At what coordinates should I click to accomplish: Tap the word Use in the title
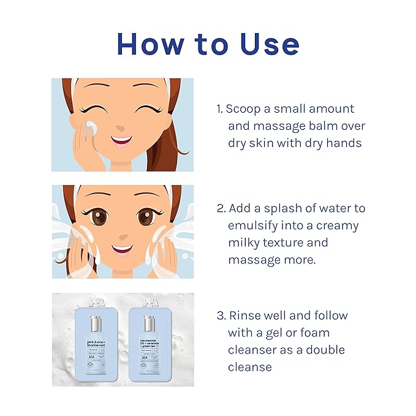[x=265, y=45]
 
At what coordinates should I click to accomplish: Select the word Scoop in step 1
[x=244, y=109]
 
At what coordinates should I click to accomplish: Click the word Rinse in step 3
[x=245, y=316]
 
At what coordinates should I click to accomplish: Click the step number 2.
[x=221, y=208]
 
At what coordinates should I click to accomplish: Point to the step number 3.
[x=221, y=316]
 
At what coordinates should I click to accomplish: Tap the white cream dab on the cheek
[x=91, y=128]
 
